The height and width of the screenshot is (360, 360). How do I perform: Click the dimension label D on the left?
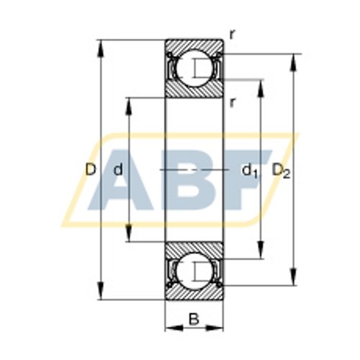click(x=90, y=170)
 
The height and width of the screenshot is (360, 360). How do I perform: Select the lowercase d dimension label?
click(x=119, y=170)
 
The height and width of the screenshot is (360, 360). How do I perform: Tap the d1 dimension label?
click(x=249, y=171)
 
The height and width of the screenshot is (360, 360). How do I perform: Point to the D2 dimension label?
click(x=281, y=171)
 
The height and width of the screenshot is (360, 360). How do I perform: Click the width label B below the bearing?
click(x=193, y=320)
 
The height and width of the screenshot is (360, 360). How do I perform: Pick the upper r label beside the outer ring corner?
click(x=232, y=34)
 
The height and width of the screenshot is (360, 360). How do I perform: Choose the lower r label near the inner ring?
click(x=232, y=102)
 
